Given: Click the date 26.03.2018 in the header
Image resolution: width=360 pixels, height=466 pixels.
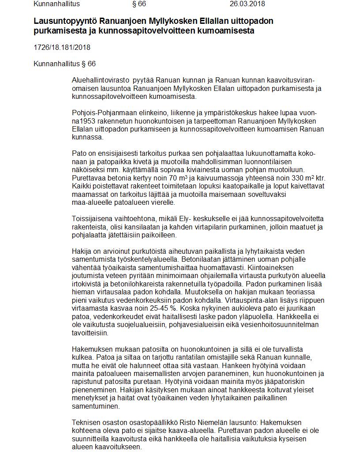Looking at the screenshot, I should pyautogui.click(x=247, y=4).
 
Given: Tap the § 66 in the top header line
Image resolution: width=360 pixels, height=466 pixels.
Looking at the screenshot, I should pyautogui.click(x=139, y=4).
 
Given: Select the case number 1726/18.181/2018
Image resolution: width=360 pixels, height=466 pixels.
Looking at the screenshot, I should pyautogui.click(x=62, y=48).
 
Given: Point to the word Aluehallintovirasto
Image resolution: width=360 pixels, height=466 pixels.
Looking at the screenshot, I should pyautogui.click(x=100, y=80).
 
